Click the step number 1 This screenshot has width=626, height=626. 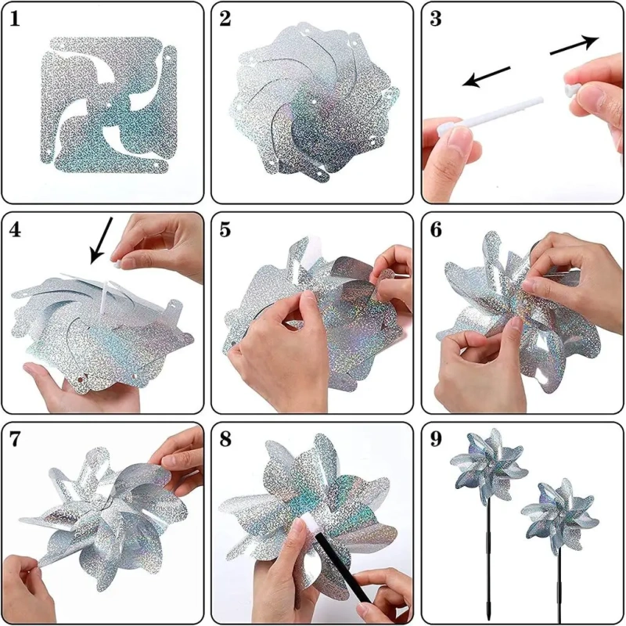coord(14,19)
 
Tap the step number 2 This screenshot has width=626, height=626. coord(225,19)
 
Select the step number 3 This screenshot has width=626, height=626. coord(436,19)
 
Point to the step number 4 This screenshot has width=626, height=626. coord(15,230)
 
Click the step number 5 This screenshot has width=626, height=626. coord(225,230)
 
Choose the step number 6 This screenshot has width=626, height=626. coord(436,230)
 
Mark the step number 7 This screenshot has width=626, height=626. coord(14,440)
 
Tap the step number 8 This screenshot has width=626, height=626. coord(225,440)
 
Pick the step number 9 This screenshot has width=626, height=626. coord(436,440)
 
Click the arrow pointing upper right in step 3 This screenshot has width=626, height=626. coord(574,44)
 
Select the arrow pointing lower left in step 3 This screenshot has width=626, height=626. coord(486,76)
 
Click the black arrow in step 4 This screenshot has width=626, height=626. coord(101,240)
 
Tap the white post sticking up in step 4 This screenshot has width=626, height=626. coord(104,297)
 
